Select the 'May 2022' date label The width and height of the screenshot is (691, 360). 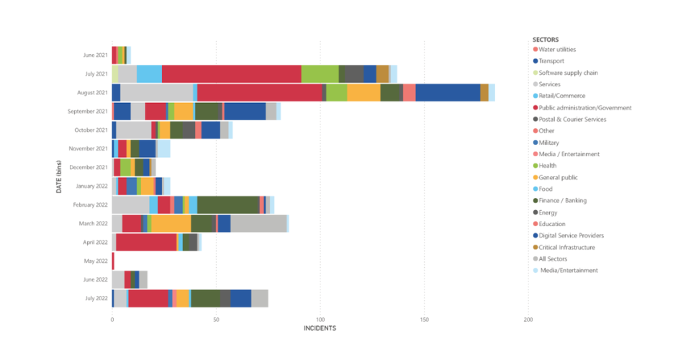coord(96,261)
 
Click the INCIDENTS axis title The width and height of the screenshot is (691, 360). coord(320,328)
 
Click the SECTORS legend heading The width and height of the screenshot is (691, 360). coord(546,39)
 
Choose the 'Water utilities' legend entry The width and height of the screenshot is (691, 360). coord(557,50)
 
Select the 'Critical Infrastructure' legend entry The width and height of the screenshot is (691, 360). coord(567,247)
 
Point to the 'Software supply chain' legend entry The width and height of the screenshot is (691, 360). coord(568,73)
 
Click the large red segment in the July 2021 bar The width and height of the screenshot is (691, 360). coord(231,73)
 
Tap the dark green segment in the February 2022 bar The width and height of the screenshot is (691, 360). coord(228,204)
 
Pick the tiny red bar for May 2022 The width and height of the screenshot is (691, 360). coord(113,261)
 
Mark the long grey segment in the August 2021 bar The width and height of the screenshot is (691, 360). coord(156,92)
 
